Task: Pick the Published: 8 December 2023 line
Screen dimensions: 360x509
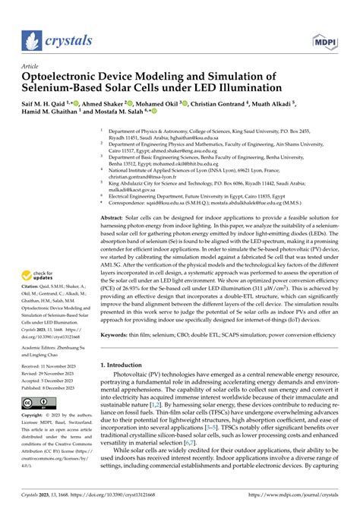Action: pyautogui.click(x=50, y=387)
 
